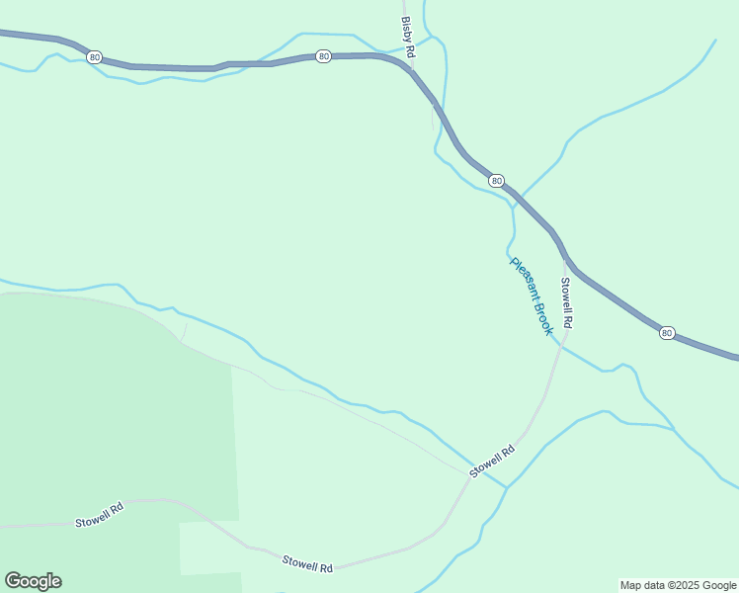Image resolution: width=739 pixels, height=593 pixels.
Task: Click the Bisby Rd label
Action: coord(408,37)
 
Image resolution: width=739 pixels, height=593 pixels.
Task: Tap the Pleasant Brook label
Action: coord(531,296)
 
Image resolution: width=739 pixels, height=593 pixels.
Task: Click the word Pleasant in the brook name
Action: coord(523,281)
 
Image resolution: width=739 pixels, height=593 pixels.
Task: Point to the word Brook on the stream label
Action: coord(542,318)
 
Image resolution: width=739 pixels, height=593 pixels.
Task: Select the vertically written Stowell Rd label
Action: coord(567,303)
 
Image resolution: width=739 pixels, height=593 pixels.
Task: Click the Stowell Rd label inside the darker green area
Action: coord(99,515)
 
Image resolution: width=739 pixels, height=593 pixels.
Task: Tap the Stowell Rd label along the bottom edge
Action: coord(307,563)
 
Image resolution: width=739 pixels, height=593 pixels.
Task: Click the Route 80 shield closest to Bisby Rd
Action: coord(323,56)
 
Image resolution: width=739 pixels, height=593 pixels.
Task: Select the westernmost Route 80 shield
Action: coord(94,57)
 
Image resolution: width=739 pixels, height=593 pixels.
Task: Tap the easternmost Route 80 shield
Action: coord(667,333)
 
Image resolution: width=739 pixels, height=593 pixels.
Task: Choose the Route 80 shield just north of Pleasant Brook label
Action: coord(496,180)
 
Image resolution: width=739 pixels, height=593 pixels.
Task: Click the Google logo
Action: coord(33,581)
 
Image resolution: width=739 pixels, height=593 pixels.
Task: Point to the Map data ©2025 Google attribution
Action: coord(678,585)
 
